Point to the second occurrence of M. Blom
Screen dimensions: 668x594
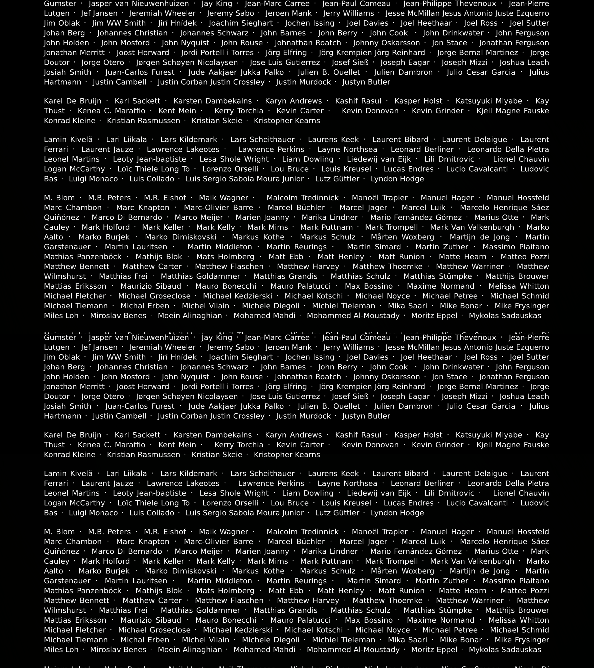tap(59, 532)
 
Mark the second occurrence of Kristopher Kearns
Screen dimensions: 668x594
tap(287, 455)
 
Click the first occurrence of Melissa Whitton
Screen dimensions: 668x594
tap(518, 286)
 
